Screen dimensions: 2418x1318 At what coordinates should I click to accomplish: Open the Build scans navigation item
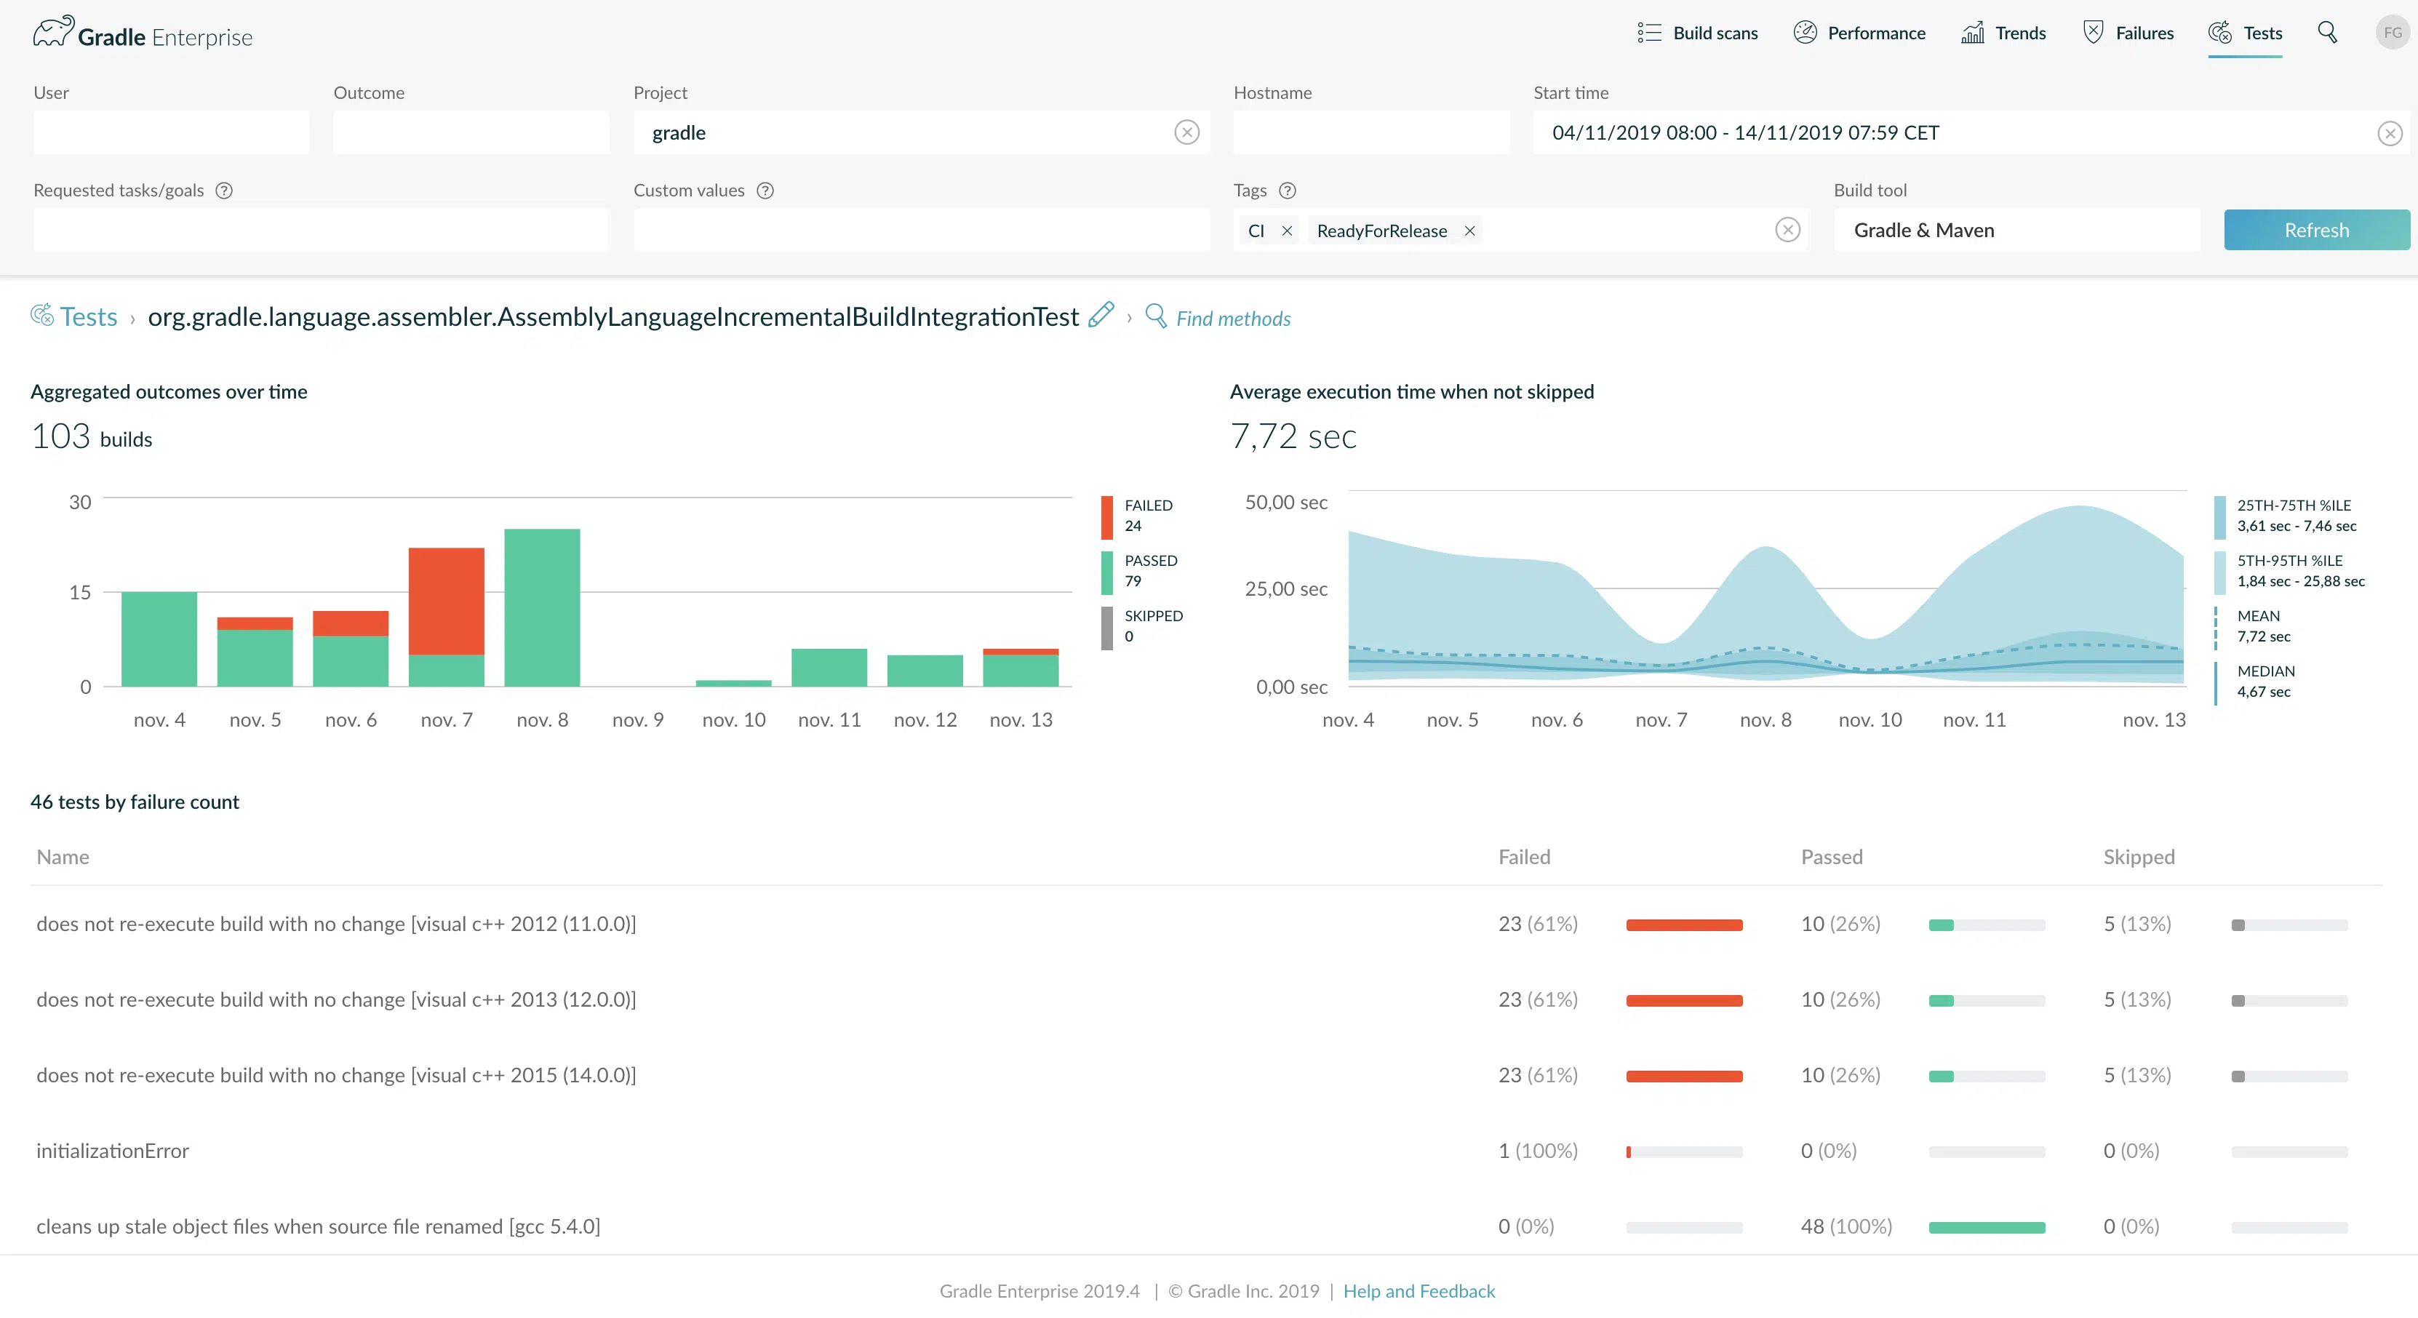click(1697, 33)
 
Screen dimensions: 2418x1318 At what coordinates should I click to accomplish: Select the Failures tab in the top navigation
click(2128, 33)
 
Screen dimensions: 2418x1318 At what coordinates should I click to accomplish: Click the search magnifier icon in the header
click(2327, 33)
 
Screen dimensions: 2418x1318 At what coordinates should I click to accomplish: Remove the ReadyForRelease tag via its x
click(1470, 231)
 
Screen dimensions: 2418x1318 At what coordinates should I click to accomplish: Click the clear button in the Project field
click(1186, 132)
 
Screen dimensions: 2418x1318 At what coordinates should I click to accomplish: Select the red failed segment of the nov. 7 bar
click(447, 601)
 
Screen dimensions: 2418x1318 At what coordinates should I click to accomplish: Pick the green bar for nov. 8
click(543, 607)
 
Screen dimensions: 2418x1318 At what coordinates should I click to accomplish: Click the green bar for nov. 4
click(159, 639)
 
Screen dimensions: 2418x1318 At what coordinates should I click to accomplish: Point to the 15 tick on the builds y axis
click(80, 592)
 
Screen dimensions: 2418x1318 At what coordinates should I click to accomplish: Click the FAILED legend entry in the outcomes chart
click(1138, 516)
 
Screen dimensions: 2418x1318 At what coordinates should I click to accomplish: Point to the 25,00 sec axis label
click(1286, 588)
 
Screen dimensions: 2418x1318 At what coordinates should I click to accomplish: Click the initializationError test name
click(113, 1151)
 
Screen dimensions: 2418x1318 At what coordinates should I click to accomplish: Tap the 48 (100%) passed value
click(1846, 1226)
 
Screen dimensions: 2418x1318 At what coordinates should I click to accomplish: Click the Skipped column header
click(2138, 857)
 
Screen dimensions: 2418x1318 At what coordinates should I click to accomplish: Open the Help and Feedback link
click(1419, 1291)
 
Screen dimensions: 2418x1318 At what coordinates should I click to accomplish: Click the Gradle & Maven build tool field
click(2016, 230)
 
